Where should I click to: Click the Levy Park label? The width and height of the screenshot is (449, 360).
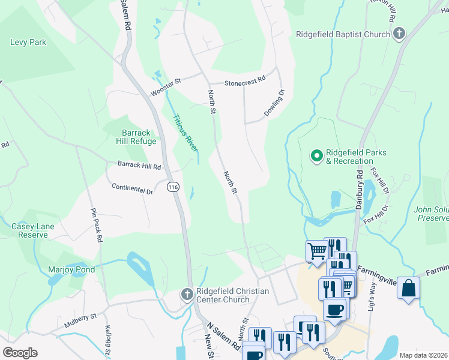(x=28, y=43)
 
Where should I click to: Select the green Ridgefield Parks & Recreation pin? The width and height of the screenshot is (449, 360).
(x=316, y=157)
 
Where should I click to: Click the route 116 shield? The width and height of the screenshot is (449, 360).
(x=173, y=187)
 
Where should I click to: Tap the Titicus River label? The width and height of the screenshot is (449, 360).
(x=185, y=132)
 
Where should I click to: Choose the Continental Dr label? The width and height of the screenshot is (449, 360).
(x=132, y=188)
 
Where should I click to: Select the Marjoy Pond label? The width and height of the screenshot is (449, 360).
(x=71, y=270)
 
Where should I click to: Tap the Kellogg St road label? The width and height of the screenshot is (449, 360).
(x=109, y=338)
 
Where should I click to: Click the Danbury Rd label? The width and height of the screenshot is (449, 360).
(x=358, y=188)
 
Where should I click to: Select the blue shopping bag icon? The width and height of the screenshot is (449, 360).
(x=408, y=288)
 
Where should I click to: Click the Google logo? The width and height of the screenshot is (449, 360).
(x=20, y=353)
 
